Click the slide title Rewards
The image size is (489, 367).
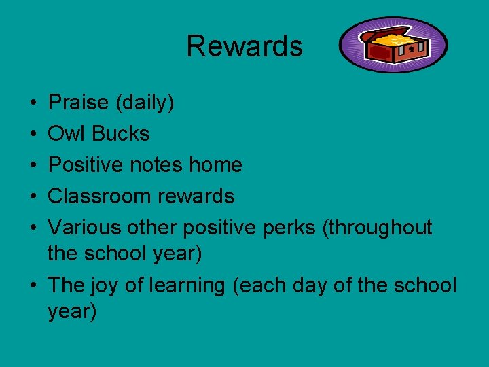[x=244, y=46]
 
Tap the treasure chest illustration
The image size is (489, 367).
[x=394, y=45]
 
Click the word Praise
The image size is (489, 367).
[x=79, y=103]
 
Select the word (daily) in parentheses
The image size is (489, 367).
[x=145, y=103]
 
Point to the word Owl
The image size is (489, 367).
[x=67, y=133]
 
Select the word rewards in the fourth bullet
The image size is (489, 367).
[x=196, y=196]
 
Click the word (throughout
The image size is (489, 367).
[x=377, y=227]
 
